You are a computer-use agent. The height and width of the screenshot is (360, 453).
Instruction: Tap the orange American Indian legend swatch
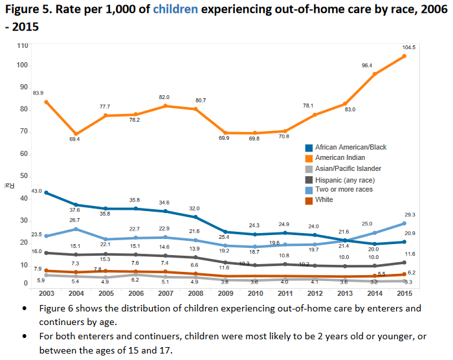(311, 157)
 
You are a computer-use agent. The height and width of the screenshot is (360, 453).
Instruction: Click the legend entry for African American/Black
(351, 147)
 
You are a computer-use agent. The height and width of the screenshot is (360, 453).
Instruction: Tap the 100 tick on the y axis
(22, 65)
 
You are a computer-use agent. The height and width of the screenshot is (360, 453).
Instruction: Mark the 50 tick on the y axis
(23, 176)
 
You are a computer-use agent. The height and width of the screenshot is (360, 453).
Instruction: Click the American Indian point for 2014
(374, 74)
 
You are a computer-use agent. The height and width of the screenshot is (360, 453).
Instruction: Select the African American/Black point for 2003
(45, 193)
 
